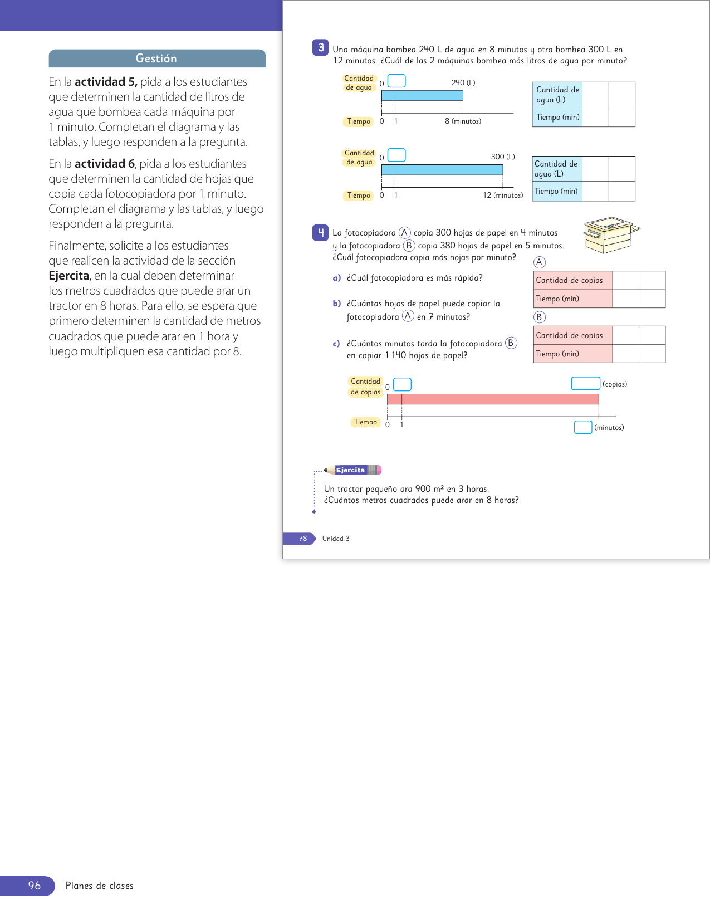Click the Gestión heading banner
pos(156,58)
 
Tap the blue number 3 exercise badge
pos(320,48)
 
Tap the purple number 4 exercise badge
pos(320,232)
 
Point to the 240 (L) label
pos(463,82)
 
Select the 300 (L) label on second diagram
pos(502,157)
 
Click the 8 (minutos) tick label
pos(463,121)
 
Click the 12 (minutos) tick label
pos(503,195)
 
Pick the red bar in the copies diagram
pos(493,399)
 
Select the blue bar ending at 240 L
pos(422,96)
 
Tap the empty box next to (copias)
pos(585,384)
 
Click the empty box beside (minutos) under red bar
pos(582,427)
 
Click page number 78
pos(303,539)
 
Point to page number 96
pos(35,886)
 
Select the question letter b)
pos(337,304)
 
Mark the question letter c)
pos(336,344)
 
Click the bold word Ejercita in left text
pos(68,276)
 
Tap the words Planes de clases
pos(100,886)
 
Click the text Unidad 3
pos(336,539)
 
